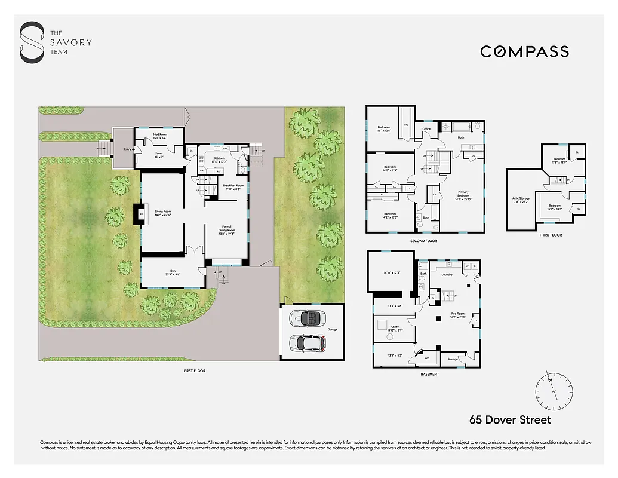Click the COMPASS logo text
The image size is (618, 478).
click(524, 52)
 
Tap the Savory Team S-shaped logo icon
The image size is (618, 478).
click(32, 42)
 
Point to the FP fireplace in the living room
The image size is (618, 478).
click(141, 214)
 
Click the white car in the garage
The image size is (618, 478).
click(306, 343)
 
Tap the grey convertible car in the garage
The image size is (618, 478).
click(306, 318)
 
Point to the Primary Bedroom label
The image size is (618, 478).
click(463, 195)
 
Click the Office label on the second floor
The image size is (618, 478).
click(426, 129)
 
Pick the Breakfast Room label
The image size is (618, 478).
click(233, 186)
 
